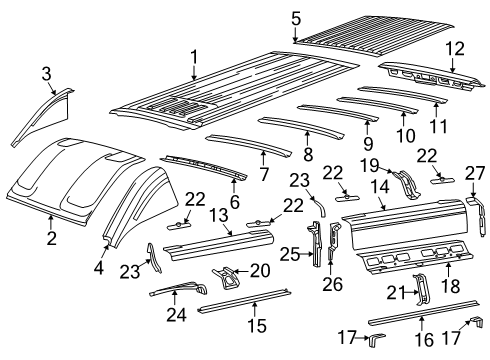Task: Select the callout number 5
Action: click(x=295, y=17)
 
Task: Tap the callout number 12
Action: click(x=455, y=47)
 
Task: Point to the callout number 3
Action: click(x=46, y=72)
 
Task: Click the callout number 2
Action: click(x=51, y=237)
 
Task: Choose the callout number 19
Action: click(x=367, y=165)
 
